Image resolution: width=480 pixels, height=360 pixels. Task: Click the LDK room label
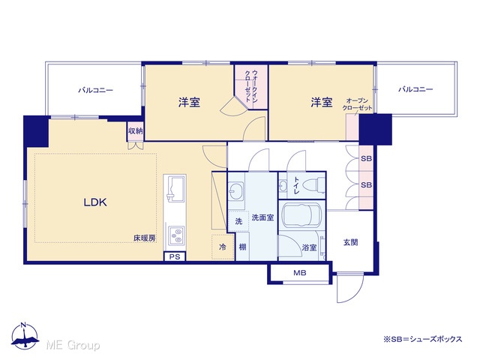click(x=95, y=202)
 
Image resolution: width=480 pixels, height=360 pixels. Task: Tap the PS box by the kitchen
click(x=175, y=256)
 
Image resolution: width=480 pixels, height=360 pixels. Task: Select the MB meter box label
click(x=300, y=272)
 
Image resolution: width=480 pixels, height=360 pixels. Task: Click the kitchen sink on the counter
click(x=175, y=188)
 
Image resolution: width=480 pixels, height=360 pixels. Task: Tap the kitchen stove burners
click(x=176, y=235)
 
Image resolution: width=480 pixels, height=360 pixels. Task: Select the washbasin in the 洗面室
click(x=235, y=192)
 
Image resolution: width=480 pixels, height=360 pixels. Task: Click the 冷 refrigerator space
click(x=223, y=247)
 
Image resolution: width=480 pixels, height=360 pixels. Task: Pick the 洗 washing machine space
click(x=238, y=221)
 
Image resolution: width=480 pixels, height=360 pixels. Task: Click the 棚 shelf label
click(x=242, y=247)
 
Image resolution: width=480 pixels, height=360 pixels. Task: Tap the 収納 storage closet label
click(x=135, y=131)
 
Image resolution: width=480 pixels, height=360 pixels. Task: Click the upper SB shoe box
click(x=366, y=158)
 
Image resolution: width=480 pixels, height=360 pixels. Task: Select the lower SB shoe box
click(x=366, y=185)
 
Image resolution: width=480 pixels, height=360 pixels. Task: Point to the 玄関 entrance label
click(x=350, y=242)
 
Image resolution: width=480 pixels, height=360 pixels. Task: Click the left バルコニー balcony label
click(x=95, y=90)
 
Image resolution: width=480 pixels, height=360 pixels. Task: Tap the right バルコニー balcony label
click(x=415, y=89)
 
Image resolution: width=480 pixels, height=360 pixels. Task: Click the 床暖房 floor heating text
click(x=144, y=238)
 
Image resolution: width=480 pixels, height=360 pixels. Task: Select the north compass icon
click(x=25, y=336)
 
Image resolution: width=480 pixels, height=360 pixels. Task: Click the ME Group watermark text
click(x=73, y=345)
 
